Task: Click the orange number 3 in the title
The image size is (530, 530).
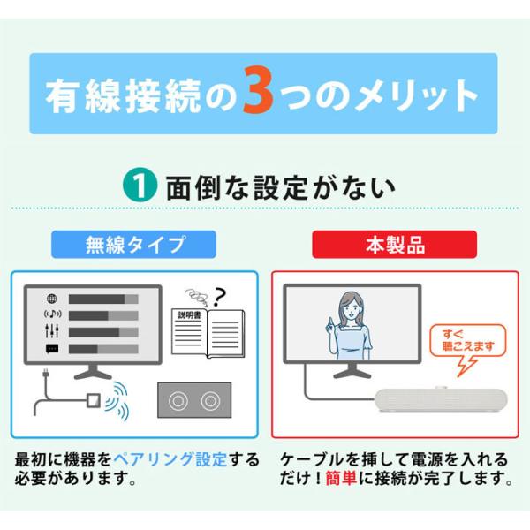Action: (x=259, y=91)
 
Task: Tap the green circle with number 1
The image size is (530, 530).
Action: (x=140, y=185)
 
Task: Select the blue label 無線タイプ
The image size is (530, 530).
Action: (x=134, y=245)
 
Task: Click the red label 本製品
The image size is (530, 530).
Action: (x=395, y=245)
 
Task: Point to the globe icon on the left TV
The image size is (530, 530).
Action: (x=52, y=299)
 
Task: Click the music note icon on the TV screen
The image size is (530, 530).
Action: (x=52, y=314)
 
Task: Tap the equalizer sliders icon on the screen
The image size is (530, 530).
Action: (x=52, y=331)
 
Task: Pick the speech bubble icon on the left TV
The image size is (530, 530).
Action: (x=52, y=349)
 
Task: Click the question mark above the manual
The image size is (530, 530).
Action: (x=219, y=297)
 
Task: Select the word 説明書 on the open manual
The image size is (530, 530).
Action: (x=190, y=315)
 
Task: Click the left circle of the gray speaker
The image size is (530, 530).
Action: (x=178, y=401)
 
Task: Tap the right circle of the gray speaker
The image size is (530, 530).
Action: (x=210, y=401)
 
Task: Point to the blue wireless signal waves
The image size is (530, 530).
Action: (x=117, y=401)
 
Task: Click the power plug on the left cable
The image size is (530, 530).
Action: (x=45, y=375)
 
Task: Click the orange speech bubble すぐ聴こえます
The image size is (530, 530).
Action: (x=468, y=341)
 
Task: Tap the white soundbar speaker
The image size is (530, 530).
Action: (x=441, y=400)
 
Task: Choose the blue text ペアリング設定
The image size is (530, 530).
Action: (x=170, y=459)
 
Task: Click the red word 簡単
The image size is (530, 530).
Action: (x=341, y=478)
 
